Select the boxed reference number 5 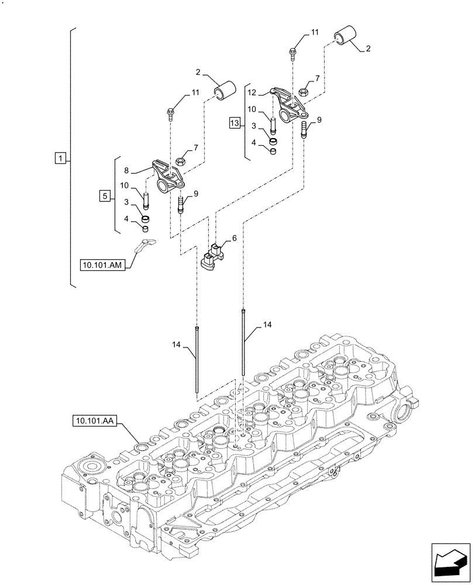(105, 196)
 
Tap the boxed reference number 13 (235, 123)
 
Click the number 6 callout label (234, 239)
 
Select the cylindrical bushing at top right (345, 37)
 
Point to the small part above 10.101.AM (145, 245)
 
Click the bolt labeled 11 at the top (292, 52)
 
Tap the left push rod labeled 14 (198, 360)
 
